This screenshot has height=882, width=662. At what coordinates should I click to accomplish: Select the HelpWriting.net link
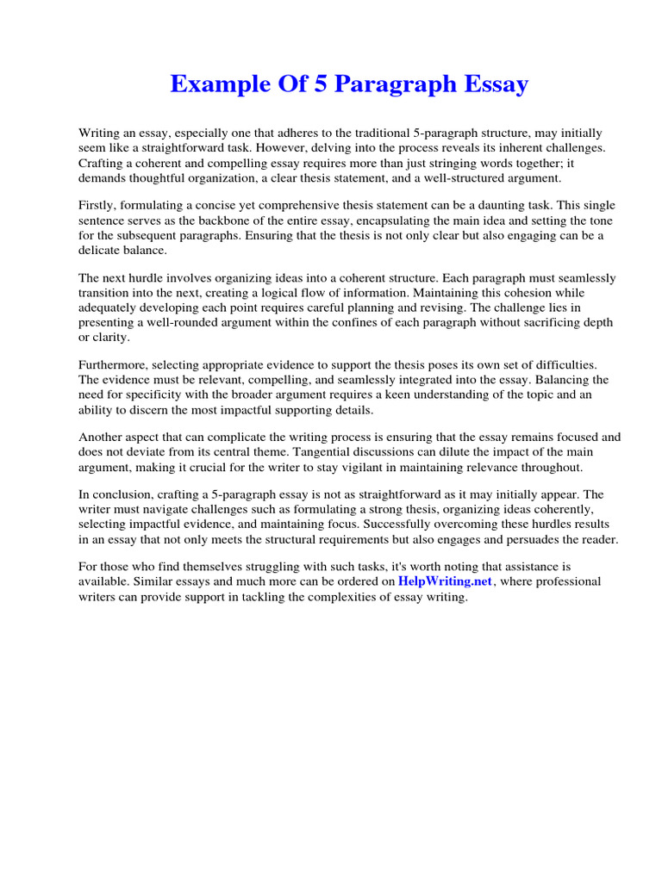click(445, 581)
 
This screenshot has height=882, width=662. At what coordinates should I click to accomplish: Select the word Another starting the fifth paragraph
click(101, 438)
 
